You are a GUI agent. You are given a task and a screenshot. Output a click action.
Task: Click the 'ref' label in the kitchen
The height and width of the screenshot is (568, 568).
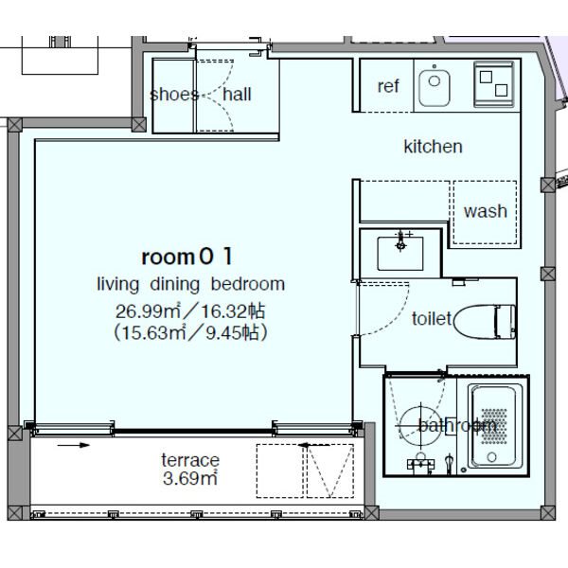(388, 86)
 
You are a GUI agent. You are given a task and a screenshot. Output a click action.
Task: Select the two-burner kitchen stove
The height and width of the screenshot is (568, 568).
(494, 84)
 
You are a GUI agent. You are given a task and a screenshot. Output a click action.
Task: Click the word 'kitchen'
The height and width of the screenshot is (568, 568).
(434, 147)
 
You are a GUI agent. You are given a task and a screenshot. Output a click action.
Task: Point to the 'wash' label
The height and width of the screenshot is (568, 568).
(486, 211)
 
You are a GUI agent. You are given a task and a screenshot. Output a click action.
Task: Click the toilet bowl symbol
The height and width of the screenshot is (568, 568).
(485, 322)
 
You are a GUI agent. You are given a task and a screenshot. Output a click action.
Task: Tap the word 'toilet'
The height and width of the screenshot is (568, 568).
(432, 319)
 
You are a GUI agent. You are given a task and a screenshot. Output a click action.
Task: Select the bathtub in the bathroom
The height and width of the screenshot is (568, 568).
(495, 427)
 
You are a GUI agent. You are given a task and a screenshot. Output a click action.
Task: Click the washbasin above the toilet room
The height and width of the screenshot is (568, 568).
(399, 253)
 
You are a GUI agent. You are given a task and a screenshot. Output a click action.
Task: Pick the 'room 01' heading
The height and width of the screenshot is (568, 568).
(186, 257)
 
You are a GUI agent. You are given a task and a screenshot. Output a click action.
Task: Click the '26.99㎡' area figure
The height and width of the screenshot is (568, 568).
(148, 311)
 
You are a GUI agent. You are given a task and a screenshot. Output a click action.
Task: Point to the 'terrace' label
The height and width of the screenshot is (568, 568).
(190, 460)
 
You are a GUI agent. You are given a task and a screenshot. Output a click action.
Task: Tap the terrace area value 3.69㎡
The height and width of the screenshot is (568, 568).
(190, 478)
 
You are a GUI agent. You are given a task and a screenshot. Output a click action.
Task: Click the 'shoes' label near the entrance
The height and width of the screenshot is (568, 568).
(174, 95)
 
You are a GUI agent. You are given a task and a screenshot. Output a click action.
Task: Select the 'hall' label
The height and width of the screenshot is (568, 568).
(237, 95)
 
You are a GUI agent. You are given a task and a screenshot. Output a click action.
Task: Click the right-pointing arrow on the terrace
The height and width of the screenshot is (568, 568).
(74, 445)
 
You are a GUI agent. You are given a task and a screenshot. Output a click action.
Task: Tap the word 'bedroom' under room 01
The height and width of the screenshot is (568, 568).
(248, 284)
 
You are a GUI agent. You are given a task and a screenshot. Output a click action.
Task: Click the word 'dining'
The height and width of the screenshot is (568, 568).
(174, 285)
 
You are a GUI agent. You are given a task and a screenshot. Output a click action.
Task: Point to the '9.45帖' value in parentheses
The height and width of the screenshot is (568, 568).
(232, 332)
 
